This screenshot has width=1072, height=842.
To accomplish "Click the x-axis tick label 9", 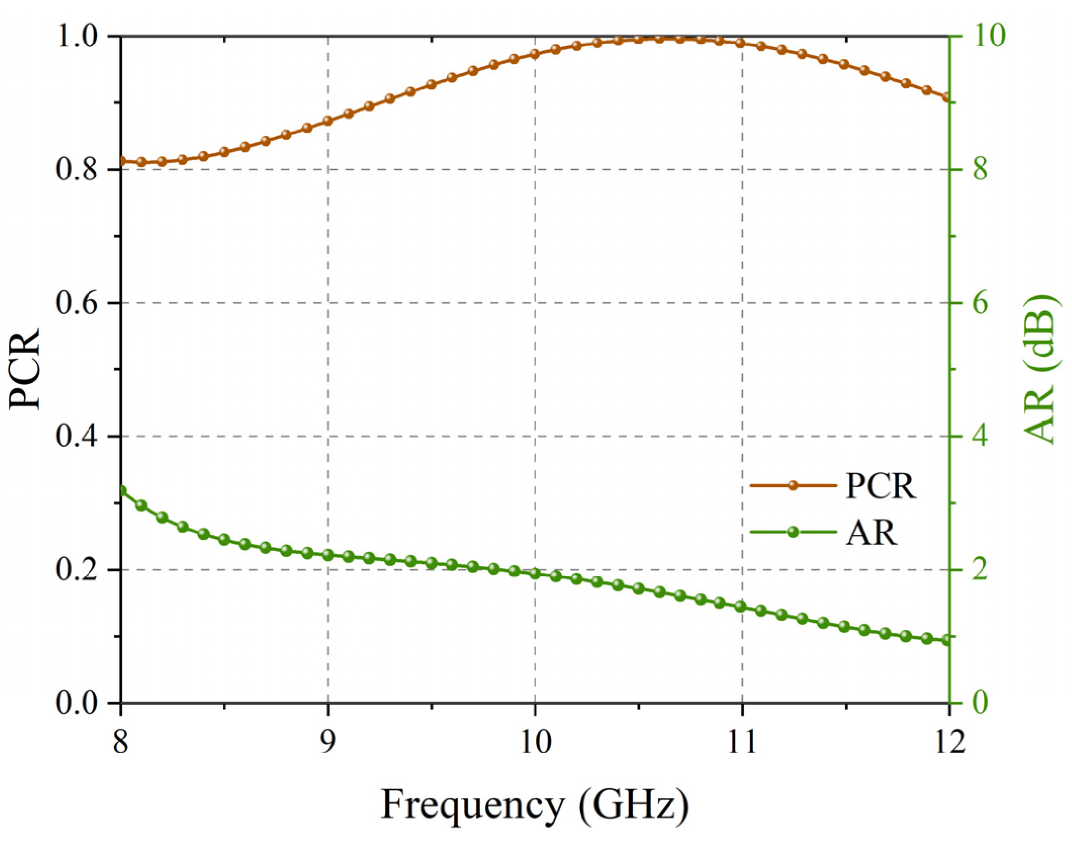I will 327,742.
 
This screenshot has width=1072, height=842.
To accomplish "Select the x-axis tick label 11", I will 742,742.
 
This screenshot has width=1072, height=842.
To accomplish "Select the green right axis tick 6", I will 980,303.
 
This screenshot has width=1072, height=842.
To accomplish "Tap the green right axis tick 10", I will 986,37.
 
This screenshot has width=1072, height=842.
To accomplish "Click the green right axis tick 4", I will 980,436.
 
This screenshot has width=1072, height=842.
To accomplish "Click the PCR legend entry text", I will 881,486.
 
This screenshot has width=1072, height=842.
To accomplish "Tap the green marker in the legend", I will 793,532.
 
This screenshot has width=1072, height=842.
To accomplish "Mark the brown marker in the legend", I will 793,486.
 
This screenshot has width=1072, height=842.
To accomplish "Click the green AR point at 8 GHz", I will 122,490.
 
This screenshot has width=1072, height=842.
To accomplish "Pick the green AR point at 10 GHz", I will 535,574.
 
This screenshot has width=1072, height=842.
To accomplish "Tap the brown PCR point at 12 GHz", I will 947,98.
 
